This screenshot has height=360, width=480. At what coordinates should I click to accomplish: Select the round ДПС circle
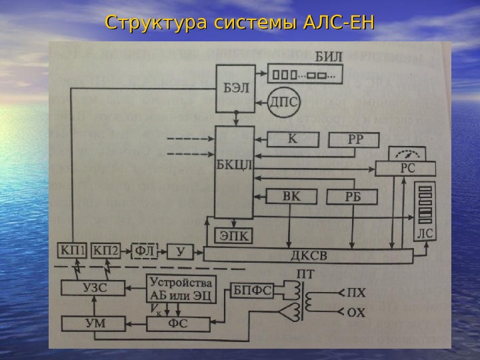coord(283,101)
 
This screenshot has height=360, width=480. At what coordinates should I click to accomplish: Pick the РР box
coord(354,141)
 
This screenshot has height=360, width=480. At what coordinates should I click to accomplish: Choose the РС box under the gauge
coord(406,169)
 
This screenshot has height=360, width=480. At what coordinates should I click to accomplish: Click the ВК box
coord(292,197)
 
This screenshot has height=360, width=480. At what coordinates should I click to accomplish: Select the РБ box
coord(351,197)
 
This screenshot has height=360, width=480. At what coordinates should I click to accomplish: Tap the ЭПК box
coord(233,235)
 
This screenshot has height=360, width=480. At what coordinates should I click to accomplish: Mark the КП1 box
coord(72,252)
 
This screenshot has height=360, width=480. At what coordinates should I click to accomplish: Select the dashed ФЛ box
coord(145,252)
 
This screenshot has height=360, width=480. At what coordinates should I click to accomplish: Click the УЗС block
coord(93,287)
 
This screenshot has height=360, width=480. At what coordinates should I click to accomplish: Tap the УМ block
coord(93,324)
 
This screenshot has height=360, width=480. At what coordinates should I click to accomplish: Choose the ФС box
coord(177,324)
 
